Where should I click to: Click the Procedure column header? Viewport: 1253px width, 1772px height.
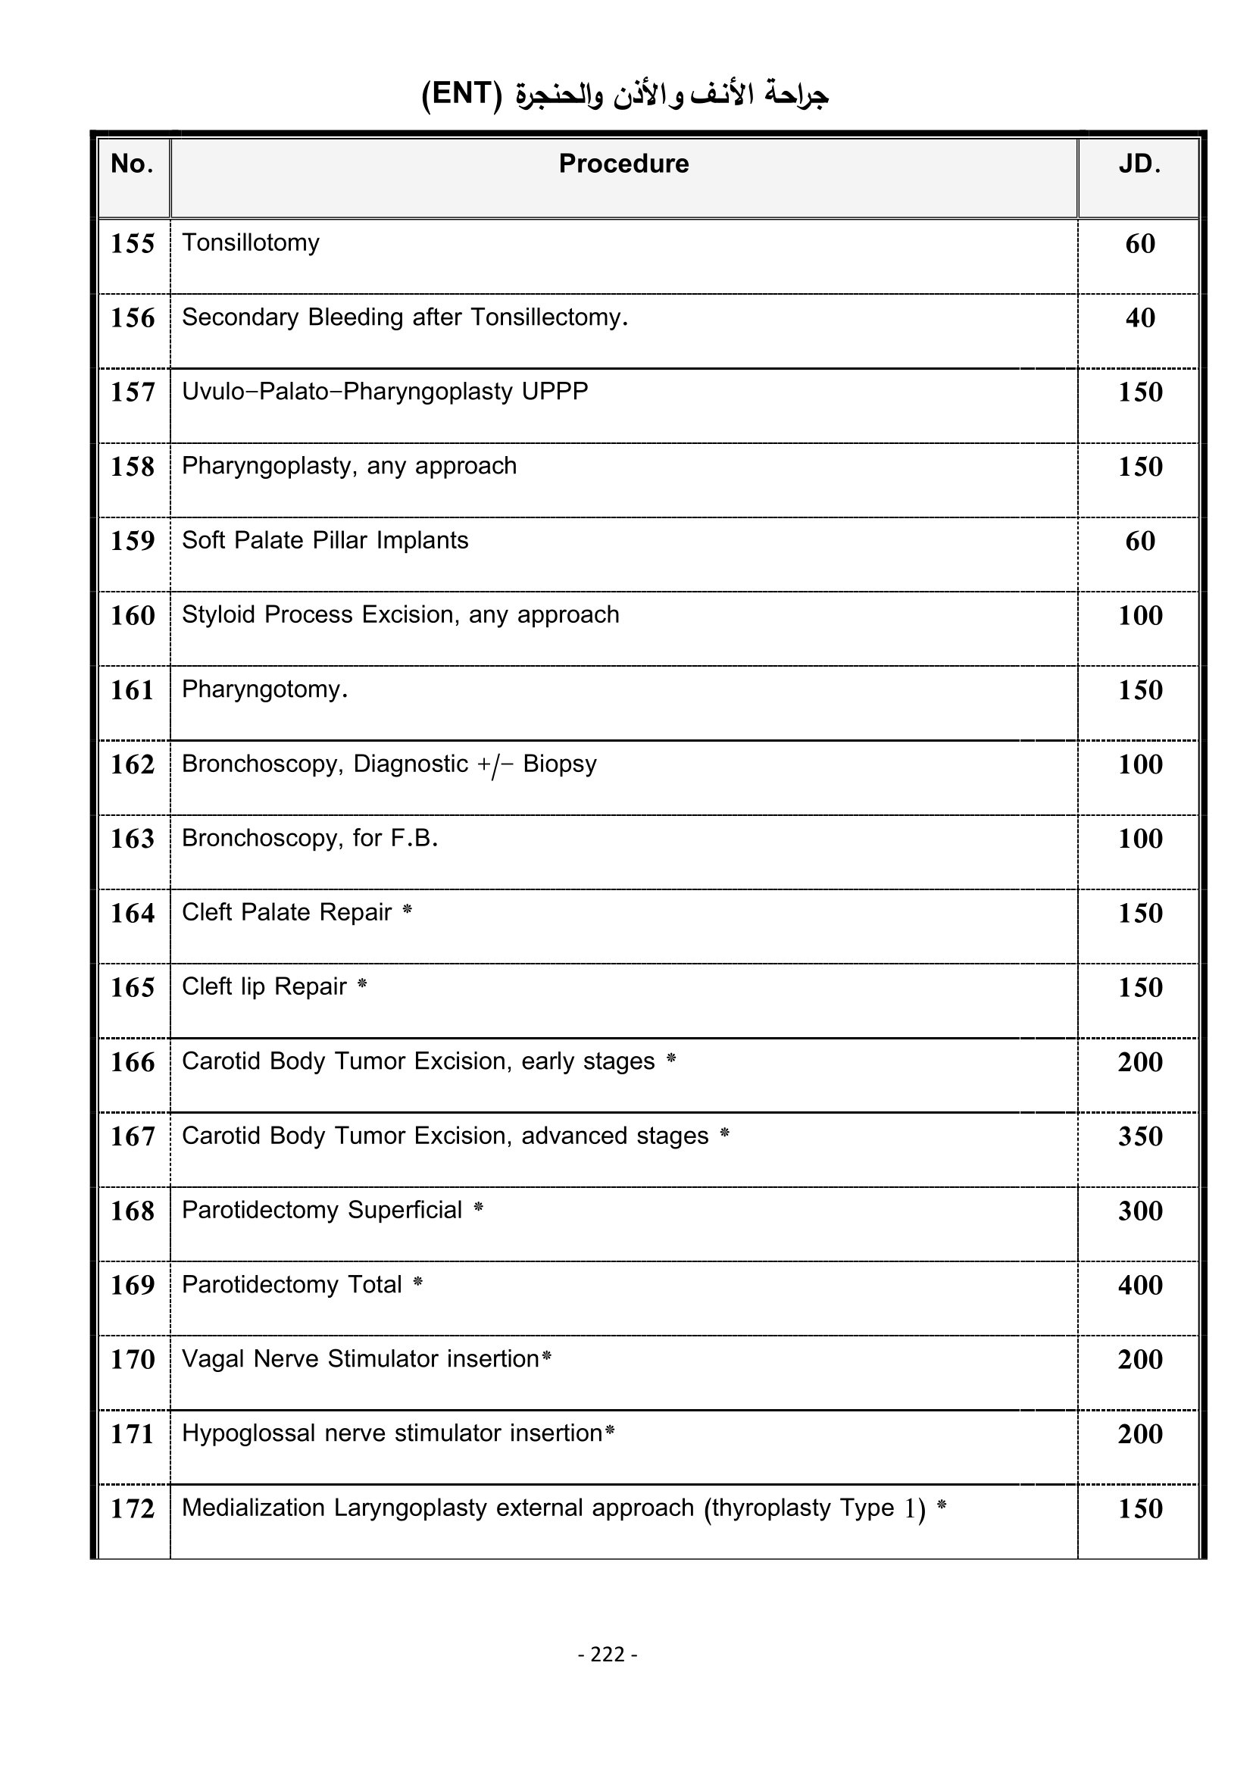pos(623,164)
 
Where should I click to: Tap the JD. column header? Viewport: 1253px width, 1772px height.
pos(1139,164)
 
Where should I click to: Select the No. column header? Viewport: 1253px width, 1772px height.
pos(132,164)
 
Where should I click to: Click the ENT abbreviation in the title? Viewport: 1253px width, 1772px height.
pos(461,94)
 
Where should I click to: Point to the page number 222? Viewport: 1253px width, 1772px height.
pos(608,1654)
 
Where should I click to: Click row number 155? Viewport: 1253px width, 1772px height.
pos(133,244)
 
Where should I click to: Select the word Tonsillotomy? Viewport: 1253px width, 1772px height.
pos(250,243)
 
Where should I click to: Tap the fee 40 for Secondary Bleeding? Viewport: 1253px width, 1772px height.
pos(1139,318)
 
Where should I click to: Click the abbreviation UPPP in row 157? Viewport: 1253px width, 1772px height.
pos(555,391)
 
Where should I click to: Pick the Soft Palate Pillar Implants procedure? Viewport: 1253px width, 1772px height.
pos(325,540)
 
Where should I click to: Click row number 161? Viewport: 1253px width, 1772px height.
pos(133,690)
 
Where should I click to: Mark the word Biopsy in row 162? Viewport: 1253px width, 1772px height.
pos(559,764)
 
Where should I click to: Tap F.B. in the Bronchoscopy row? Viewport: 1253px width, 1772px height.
pos(414,838)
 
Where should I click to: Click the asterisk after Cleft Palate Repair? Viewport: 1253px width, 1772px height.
pos(408,911)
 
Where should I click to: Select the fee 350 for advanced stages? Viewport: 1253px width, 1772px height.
pos(1139,1136)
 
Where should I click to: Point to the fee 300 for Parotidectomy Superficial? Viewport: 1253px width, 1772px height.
pos(1139,1211)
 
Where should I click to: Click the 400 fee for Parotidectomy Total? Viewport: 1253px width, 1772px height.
pos(1139,1285)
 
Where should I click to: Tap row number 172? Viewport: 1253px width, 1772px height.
pos(133,1509)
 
